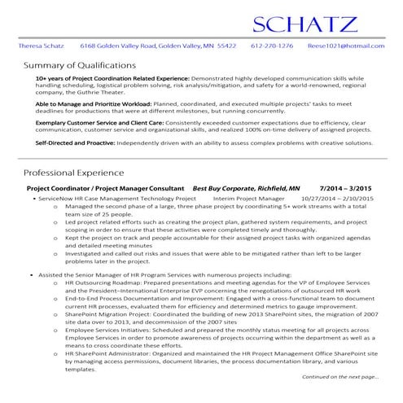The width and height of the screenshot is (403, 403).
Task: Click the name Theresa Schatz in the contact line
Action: pos(42,46)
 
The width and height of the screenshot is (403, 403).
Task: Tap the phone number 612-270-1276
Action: pos(272,46)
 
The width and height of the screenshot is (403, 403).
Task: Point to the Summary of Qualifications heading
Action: pos(77,65)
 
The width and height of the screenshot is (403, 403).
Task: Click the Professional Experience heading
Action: pos(73,173)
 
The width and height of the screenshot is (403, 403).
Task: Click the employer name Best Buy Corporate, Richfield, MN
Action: pos(246,188)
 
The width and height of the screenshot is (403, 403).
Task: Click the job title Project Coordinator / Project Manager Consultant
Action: pos(106,188)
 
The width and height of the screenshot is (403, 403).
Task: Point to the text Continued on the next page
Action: pos(339,378)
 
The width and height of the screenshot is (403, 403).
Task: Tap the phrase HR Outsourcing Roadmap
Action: pos(103,283)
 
